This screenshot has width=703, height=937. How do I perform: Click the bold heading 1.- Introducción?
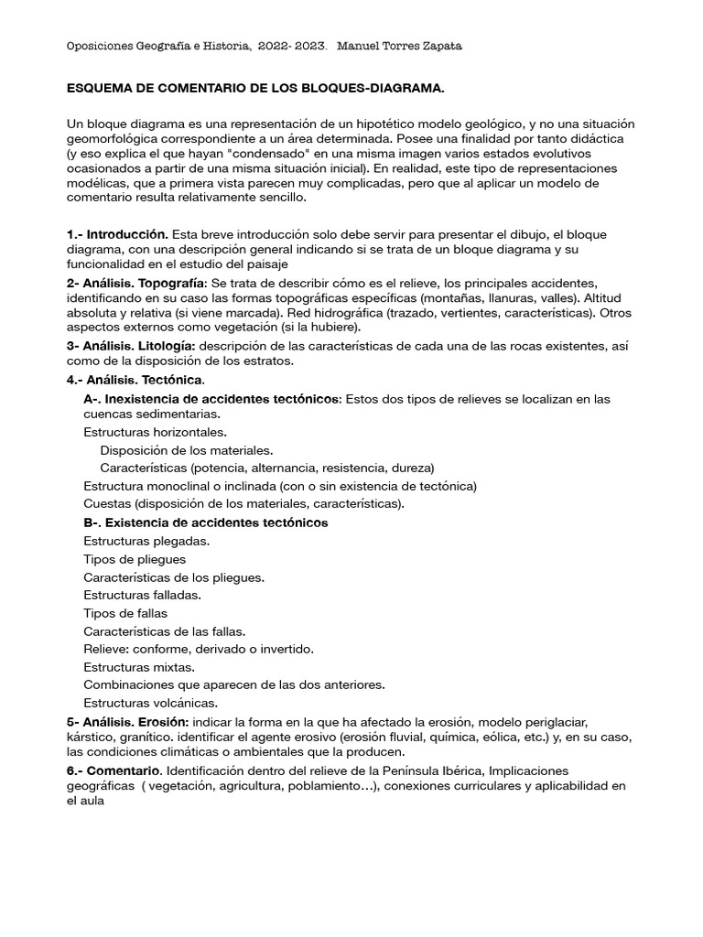[x=117, y=235]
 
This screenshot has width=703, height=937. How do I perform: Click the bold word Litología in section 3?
[x=165, y=345]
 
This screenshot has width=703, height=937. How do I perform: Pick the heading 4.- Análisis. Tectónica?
[x=135, y=379]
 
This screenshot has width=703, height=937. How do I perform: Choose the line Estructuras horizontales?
[x=155, y=432]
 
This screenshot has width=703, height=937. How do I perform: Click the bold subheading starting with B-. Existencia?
[x=205, y=522]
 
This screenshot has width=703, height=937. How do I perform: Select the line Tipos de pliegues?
[x=135, y=559]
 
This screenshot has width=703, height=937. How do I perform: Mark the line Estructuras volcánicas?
[x=150, y=703]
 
